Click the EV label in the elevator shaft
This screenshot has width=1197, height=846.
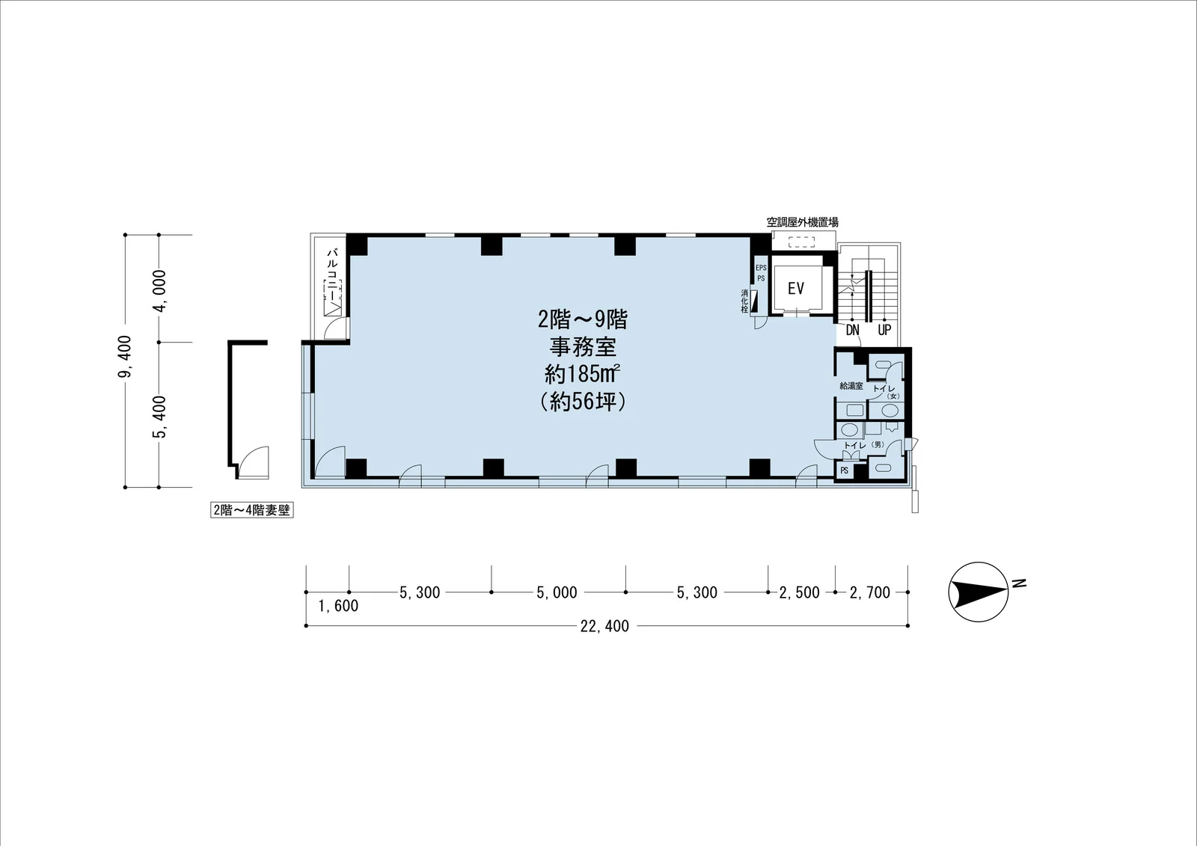pos(796,289)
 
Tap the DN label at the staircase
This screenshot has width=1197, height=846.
pos(852,331)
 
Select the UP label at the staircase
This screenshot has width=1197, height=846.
pos(884,331)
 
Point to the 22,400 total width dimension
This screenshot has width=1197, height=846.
pos(604,626)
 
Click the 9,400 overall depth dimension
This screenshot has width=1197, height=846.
pos(125,356)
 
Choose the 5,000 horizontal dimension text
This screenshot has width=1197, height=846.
pos(557,592)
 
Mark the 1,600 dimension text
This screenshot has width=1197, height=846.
pos(338,606)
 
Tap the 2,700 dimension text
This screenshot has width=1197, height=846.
pos(870,592)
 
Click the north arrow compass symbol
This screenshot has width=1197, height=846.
pos(979,592)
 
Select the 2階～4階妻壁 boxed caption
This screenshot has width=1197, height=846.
pos(251,510)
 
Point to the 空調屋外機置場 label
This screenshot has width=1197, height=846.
pos(802,222)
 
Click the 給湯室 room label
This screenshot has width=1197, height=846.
pos(851,386)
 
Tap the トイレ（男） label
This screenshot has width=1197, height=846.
pos(864,445)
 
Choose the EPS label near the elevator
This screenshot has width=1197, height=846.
pos(761,268)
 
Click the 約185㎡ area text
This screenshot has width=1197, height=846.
pos(582,374)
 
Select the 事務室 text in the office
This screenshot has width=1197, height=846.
pos(583,347)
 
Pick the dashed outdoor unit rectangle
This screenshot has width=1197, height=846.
pos(802,242)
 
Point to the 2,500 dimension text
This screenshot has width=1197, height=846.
pos(800,592)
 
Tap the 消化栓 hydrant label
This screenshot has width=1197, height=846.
pos(744,301)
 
